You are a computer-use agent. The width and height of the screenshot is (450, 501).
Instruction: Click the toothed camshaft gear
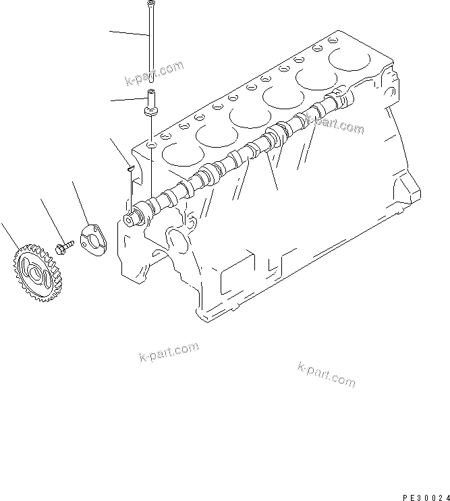coord(32,274)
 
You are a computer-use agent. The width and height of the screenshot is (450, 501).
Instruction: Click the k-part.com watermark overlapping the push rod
coord(154,74)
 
